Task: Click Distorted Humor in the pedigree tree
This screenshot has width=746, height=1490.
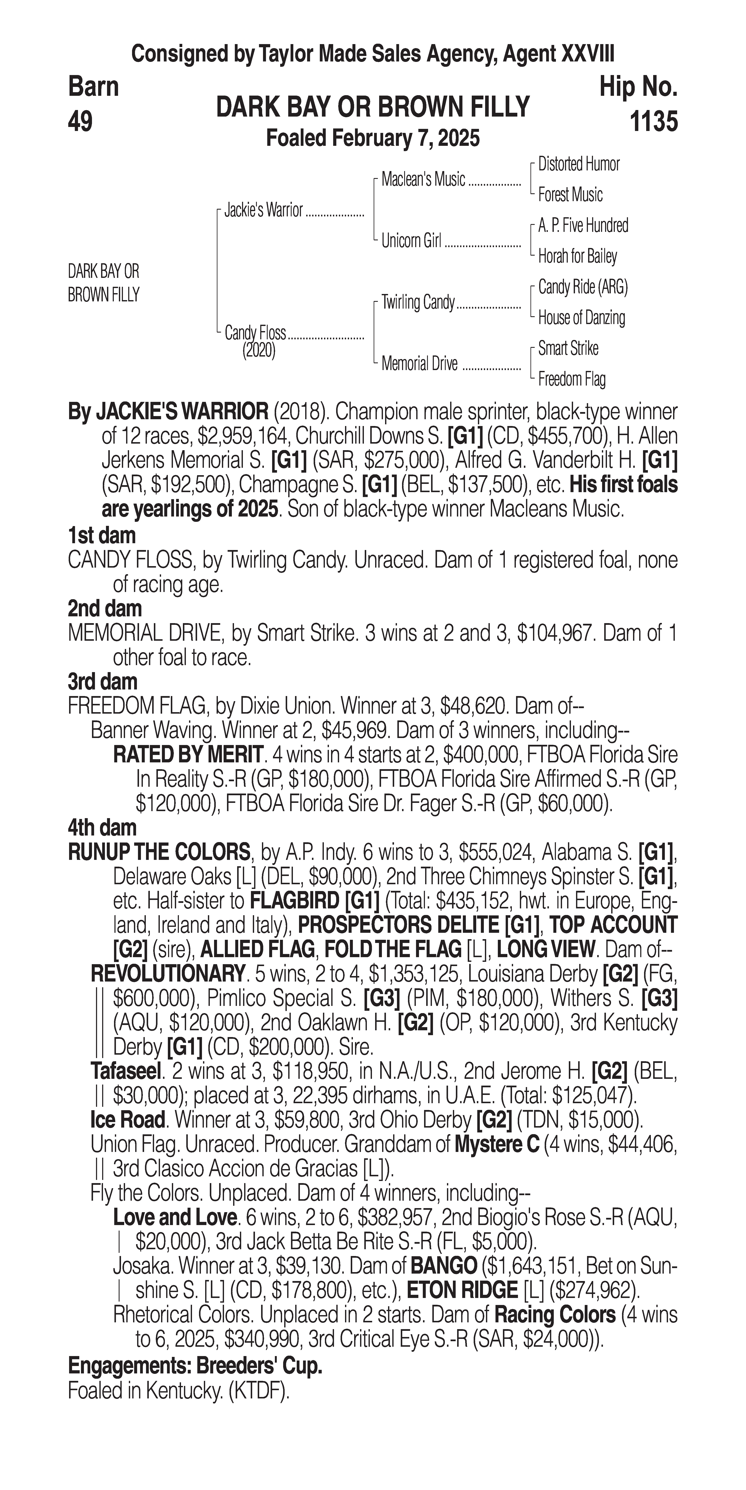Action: [578, 164]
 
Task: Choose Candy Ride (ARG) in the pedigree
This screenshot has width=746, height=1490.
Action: [582, 287]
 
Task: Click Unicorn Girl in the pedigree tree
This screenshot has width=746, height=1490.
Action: [411, 241]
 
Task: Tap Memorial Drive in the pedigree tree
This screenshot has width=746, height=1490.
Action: [419, 364]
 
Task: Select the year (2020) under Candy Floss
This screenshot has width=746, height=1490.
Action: [259, 351]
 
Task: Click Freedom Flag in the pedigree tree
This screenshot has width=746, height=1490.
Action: [571, 379]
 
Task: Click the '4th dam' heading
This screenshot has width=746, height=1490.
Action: [102, 828]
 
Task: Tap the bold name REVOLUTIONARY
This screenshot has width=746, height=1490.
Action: [167, 974]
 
